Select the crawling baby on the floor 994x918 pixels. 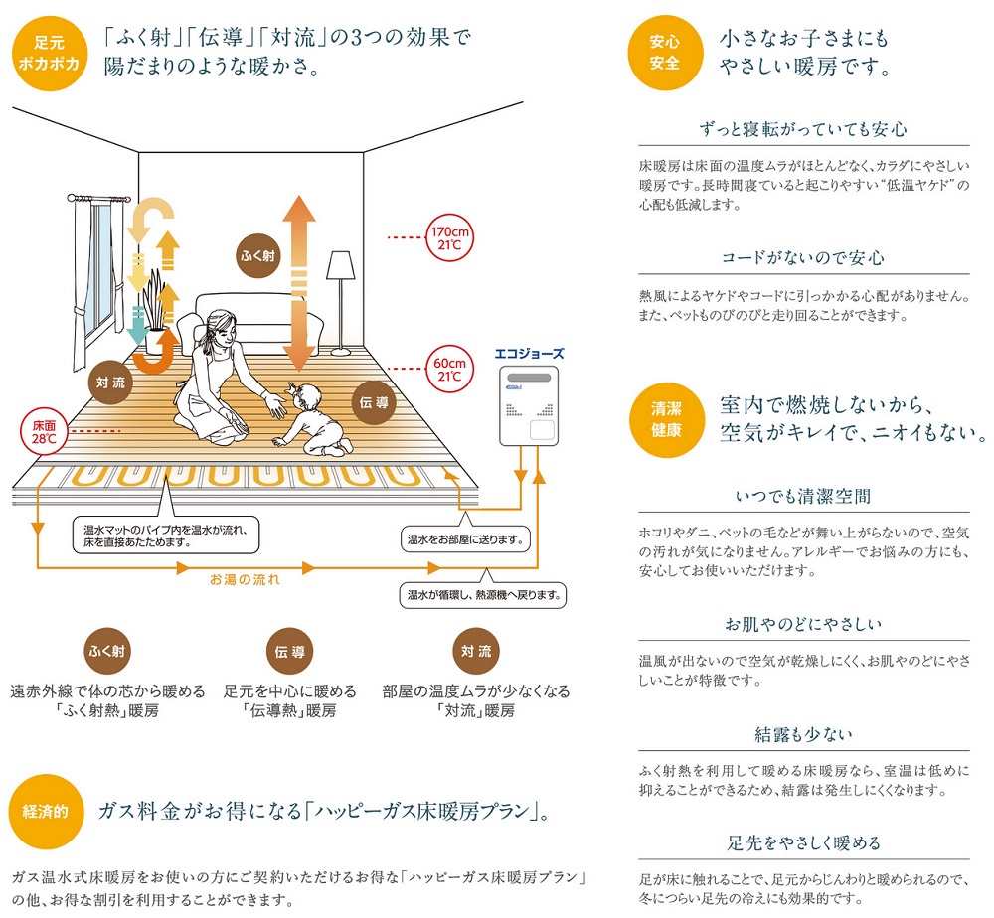(314, 418)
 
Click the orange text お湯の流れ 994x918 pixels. (245, 575)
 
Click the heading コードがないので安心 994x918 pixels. (803, 258)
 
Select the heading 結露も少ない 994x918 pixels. (803, 735)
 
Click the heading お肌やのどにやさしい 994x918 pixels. (803, 625)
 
